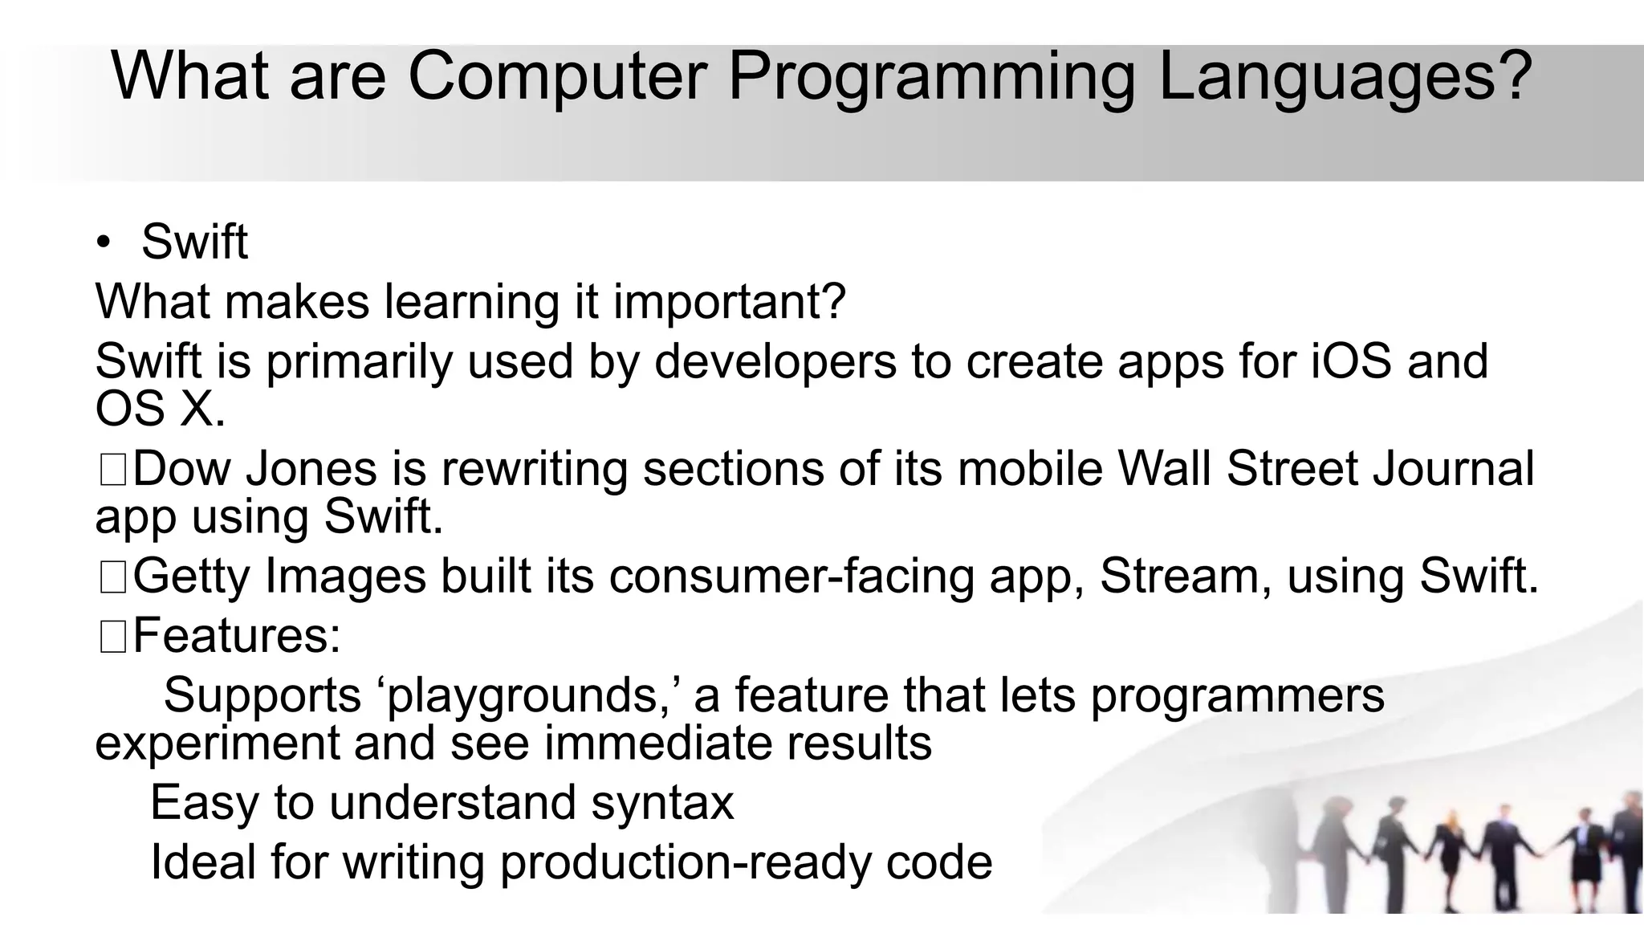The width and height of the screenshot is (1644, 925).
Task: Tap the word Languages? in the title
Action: (x=1345, y=77)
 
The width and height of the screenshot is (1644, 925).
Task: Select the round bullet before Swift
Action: (x=104, y=242)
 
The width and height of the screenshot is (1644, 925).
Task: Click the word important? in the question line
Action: (x=730, y=301)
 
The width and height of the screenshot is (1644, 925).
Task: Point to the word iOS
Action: (x=1351, y=361)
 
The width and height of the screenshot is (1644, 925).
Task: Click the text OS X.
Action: (x=160, y=410)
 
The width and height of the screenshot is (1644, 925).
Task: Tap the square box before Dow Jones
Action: (x=112, y=471)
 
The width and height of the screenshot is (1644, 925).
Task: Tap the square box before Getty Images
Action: (x=112, y=578)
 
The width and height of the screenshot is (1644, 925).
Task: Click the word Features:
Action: (x=237, y=636)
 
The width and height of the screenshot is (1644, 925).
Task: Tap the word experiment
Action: (x=218, y=743)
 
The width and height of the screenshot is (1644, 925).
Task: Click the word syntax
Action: (x=662, y=802)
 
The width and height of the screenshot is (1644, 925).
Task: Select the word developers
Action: (x=775, y=361)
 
